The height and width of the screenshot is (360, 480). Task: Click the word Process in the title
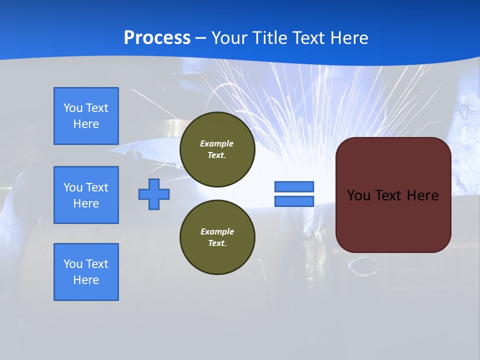pyautogui.click(x=157, y=38)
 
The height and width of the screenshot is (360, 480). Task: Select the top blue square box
pyautogui.click(x=86, y=116)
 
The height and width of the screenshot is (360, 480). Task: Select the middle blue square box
pyautogui.click(x=86, y=195)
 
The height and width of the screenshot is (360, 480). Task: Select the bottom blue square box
pyautogui.click(x=86, y=272)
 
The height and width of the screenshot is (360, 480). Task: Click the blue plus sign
pyautogui.click(x=154, y=194)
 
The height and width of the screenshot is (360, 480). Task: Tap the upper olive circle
pyautogui.click(x=217, y=149)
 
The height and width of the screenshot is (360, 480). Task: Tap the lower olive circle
pyautogui.click(x=217, y=237)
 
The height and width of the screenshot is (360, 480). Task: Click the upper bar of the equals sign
pyautogui.click(x=294, y=186)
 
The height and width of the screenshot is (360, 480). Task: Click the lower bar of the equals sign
pyautogui.click(x=294, y=201)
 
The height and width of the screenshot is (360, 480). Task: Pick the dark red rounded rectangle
pyautogui.click(x=393, y=220)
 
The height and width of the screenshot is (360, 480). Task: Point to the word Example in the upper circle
pyautogui.click(x=217, y=143)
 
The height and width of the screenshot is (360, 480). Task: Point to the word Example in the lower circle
pyautogui.click(x=217, y=231)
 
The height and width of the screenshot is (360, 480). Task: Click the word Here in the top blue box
pyautogui.click(x=86, y=124)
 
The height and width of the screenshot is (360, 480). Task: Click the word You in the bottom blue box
pyautogui.click(x=73, y=264)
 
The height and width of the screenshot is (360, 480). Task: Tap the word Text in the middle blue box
pyautogui.click(x=97, y=187)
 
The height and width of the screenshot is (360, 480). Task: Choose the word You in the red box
pyautogui.click(x=358, y=195)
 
